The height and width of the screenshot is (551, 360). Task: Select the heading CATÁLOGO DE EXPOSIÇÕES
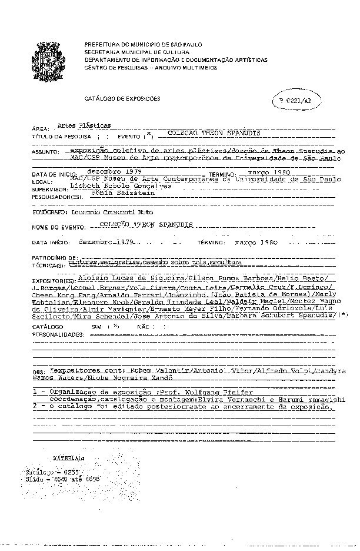[x=122, y=99]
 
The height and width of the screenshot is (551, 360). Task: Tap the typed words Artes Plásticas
[x=84, y=125]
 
